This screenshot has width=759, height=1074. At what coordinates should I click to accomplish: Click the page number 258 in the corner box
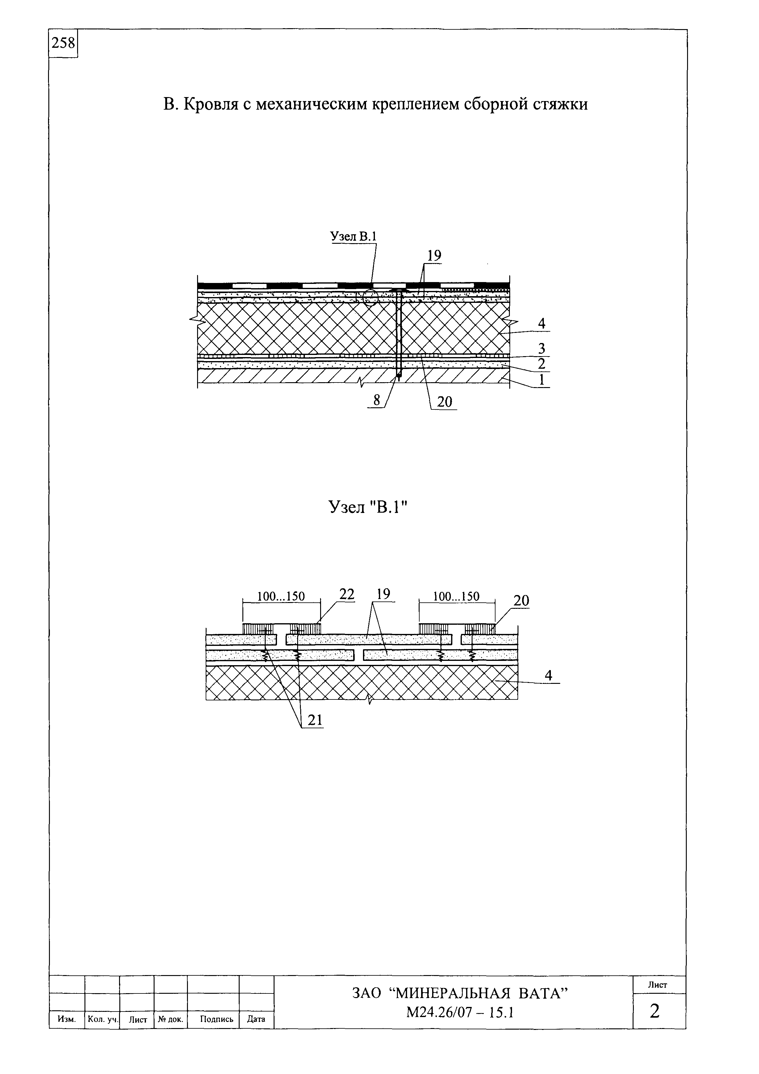coord(63,43)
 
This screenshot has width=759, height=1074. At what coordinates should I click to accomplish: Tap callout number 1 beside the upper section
coord(542,380)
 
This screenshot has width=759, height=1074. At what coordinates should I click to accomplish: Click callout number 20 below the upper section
coord(445,402)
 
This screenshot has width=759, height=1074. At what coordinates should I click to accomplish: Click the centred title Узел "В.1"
coord(368,507)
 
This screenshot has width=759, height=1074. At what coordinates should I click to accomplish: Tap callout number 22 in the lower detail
coord(347,594)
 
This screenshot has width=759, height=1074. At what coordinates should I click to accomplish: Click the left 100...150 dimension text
coord(281,596)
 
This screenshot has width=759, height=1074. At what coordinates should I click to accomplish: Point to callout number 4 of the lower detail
coord(548,676)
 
